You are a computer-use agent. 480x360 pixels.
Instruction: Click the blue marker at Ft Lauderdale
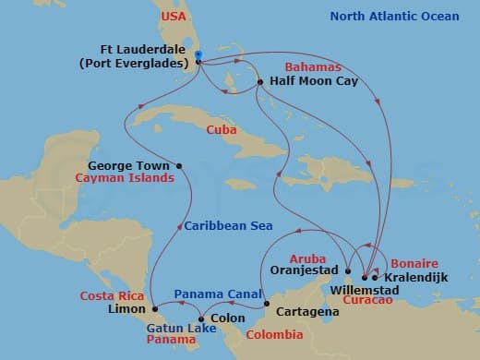click(x=198, y=57)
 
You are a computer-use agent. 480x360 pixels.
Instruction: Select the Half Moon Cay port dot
click(x=260, y=82)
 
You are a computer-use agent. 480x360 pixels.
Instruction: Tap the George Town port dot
click(x=179, y=166)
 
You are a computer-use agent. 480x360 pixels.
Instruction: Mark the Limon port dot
click(x=154, y=308)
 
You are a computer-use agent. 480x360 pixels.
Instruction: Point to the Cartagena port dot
click(x=267, y=304)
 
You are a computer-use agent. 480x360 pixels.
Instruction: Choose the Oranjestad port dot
click(x=348, y=270)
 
